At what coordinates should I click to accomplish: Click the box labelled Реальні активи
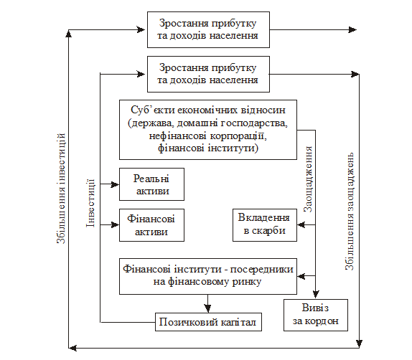tap(151, 184)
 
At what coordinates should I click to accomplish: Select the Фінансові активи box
tap(151, 225)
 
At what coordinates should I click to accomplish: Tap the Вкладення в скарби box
tap(265, 225)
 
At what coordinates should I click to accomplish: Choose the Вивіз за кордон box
tap(316, 315)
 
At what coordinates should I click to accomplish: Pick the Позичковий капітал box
tap(208, 322)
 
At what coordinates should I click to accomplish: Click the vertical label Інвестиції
tap(90, 203)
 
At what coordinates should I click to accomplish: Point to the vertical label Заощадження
tap(308, 179)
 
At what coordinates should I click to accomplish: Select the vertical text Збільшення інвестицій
tap(61, 189)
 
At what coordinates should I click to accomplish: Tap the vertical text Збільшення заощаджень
tap(350, 212)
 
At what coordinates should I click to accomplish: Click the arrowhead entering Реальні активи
tap(115, 184)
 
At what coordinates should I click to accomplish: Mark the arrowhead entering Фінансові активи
tap(115, 225)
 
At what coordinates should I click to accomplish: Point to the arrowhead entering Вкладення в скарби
tap(301, 225)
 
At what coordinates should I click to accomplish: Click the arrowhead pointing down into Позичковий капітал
tap(208, 308)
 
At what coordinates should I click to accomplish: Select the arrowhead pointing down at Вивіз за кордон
tap(316, 295)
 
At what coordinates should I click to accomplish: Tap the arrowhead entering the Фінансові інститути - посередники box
tap(301, 276)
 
